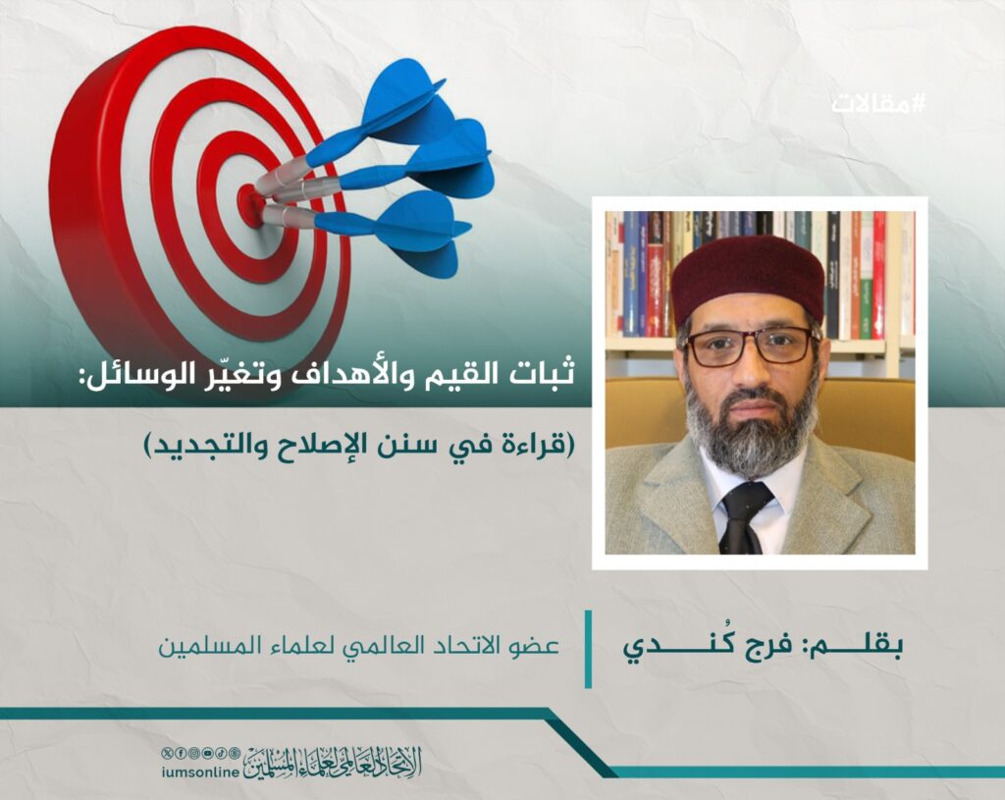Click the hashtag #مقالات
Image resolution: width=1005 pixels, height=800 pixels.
pos(878,103)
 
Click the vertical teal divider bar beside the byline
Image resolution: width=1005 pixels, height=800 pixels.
pos(588,649)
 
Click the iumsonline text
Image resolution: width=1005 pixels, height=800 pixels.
pos(200,772)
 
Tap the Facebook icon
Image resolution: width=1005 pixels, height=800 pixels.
pos(182,753)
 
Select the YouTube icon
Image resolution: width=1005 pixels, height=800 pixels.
pos(207,753)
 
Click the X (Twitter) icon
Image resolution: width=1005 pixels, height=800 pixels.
pos(168,753)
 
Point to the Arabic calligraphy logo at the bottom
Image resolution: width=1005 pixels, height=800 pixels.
pos(333,763)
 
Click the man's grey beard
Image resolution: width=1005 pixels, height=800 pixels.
pos(749,426)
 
